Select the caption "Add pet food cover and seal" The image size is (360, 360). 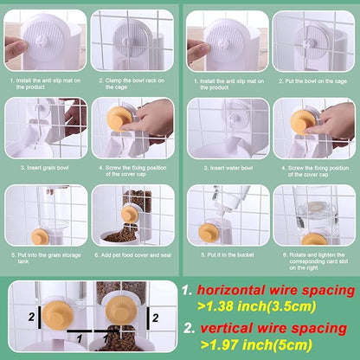(x=132, y=255)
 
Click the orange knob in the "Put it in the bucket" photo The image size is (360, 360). (x=210, y=229)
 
